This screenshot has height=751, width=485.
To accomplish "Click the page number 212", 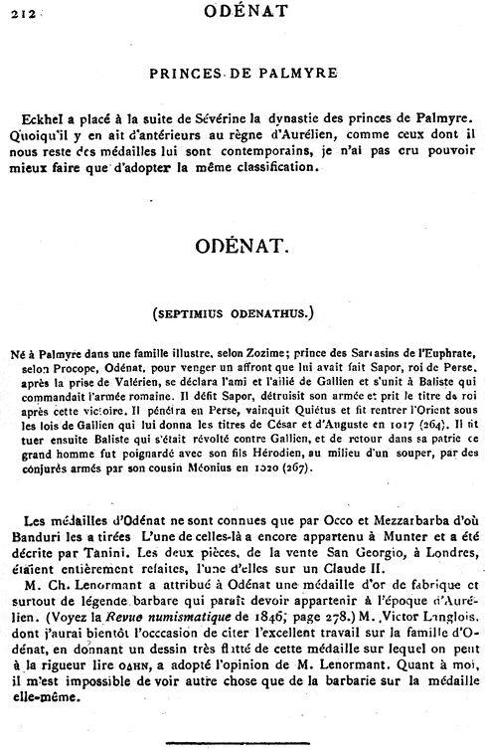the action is tap(17, 13).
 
